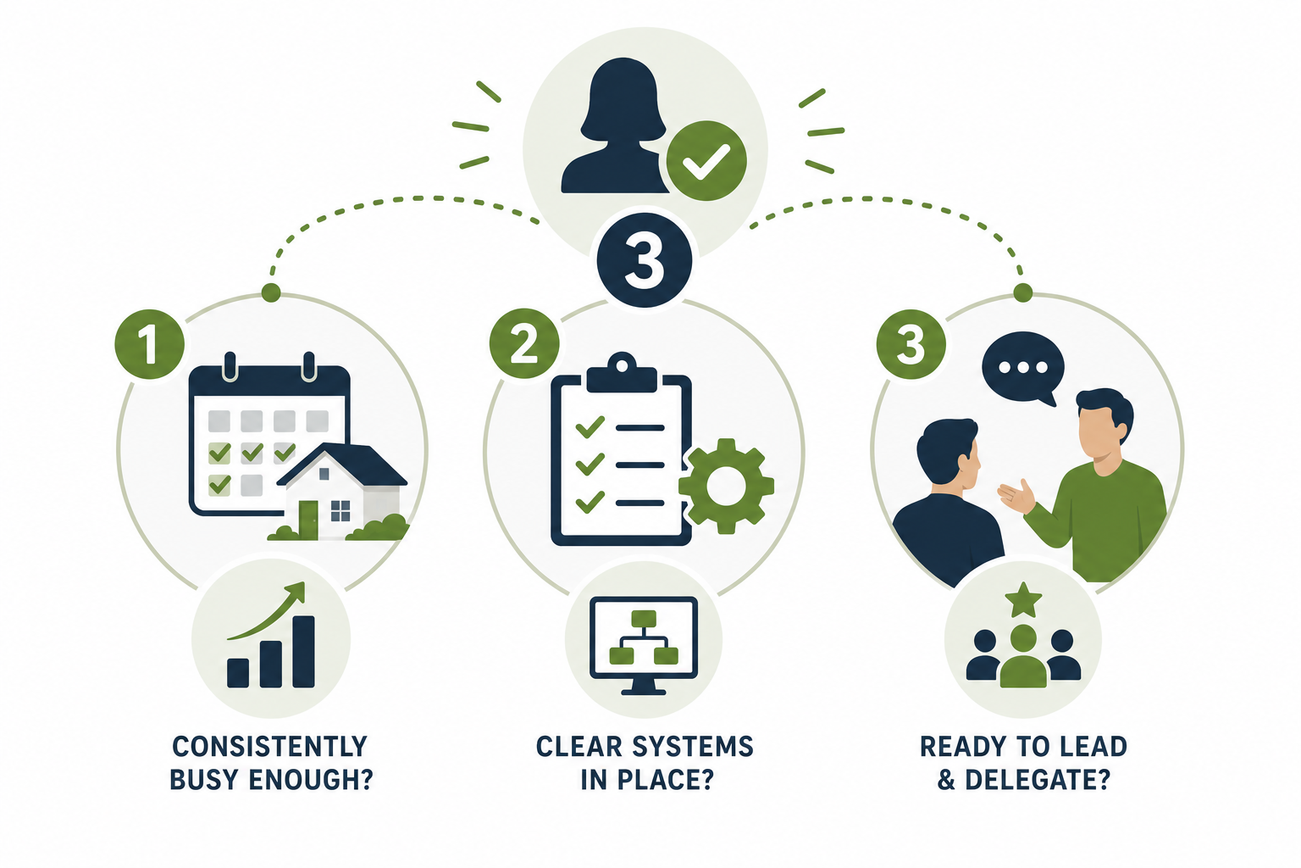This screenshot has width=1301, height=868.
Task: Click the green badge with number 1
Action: [x=150, y=344]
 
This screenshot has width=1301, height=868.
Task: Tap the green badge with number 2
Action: [x=524, y=343]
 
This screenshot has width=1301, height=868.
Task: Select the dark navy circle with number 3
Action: [x=645, y=260]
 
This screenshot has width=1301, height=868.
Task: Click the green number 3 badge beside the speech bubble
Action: [x=911, y=344]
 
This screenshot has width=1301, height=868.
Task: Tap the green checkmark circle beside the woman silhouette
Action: [x=706, y=161]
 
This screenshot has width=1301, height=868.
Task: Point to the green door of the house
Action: [x=308, y=520]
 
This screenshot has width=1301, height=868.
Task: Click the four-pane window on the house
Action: [x=340, y=511]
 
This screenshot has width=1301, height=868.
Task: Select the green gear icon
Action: [x=726, y=486]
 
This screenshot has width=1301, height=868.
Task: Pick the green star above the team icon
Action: [x=1023, y=600]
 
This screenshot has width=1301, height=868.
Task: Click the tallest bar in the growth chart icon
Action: [x=304, y=652]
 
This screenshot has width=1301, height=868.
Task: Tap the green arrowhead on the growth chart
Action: [x=296, y=593]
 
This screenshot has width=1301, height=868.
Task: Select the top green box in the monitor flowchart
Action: [x=644, y=618]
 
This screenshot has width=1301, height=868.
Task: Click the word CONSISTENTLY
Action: [x=270, y=747]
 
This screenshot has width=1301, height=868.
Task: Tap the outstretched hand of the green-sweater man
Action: [x=1016, y=497]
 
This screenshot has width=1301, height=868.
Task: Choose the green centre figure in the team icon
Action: [x=1023, y=657]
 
